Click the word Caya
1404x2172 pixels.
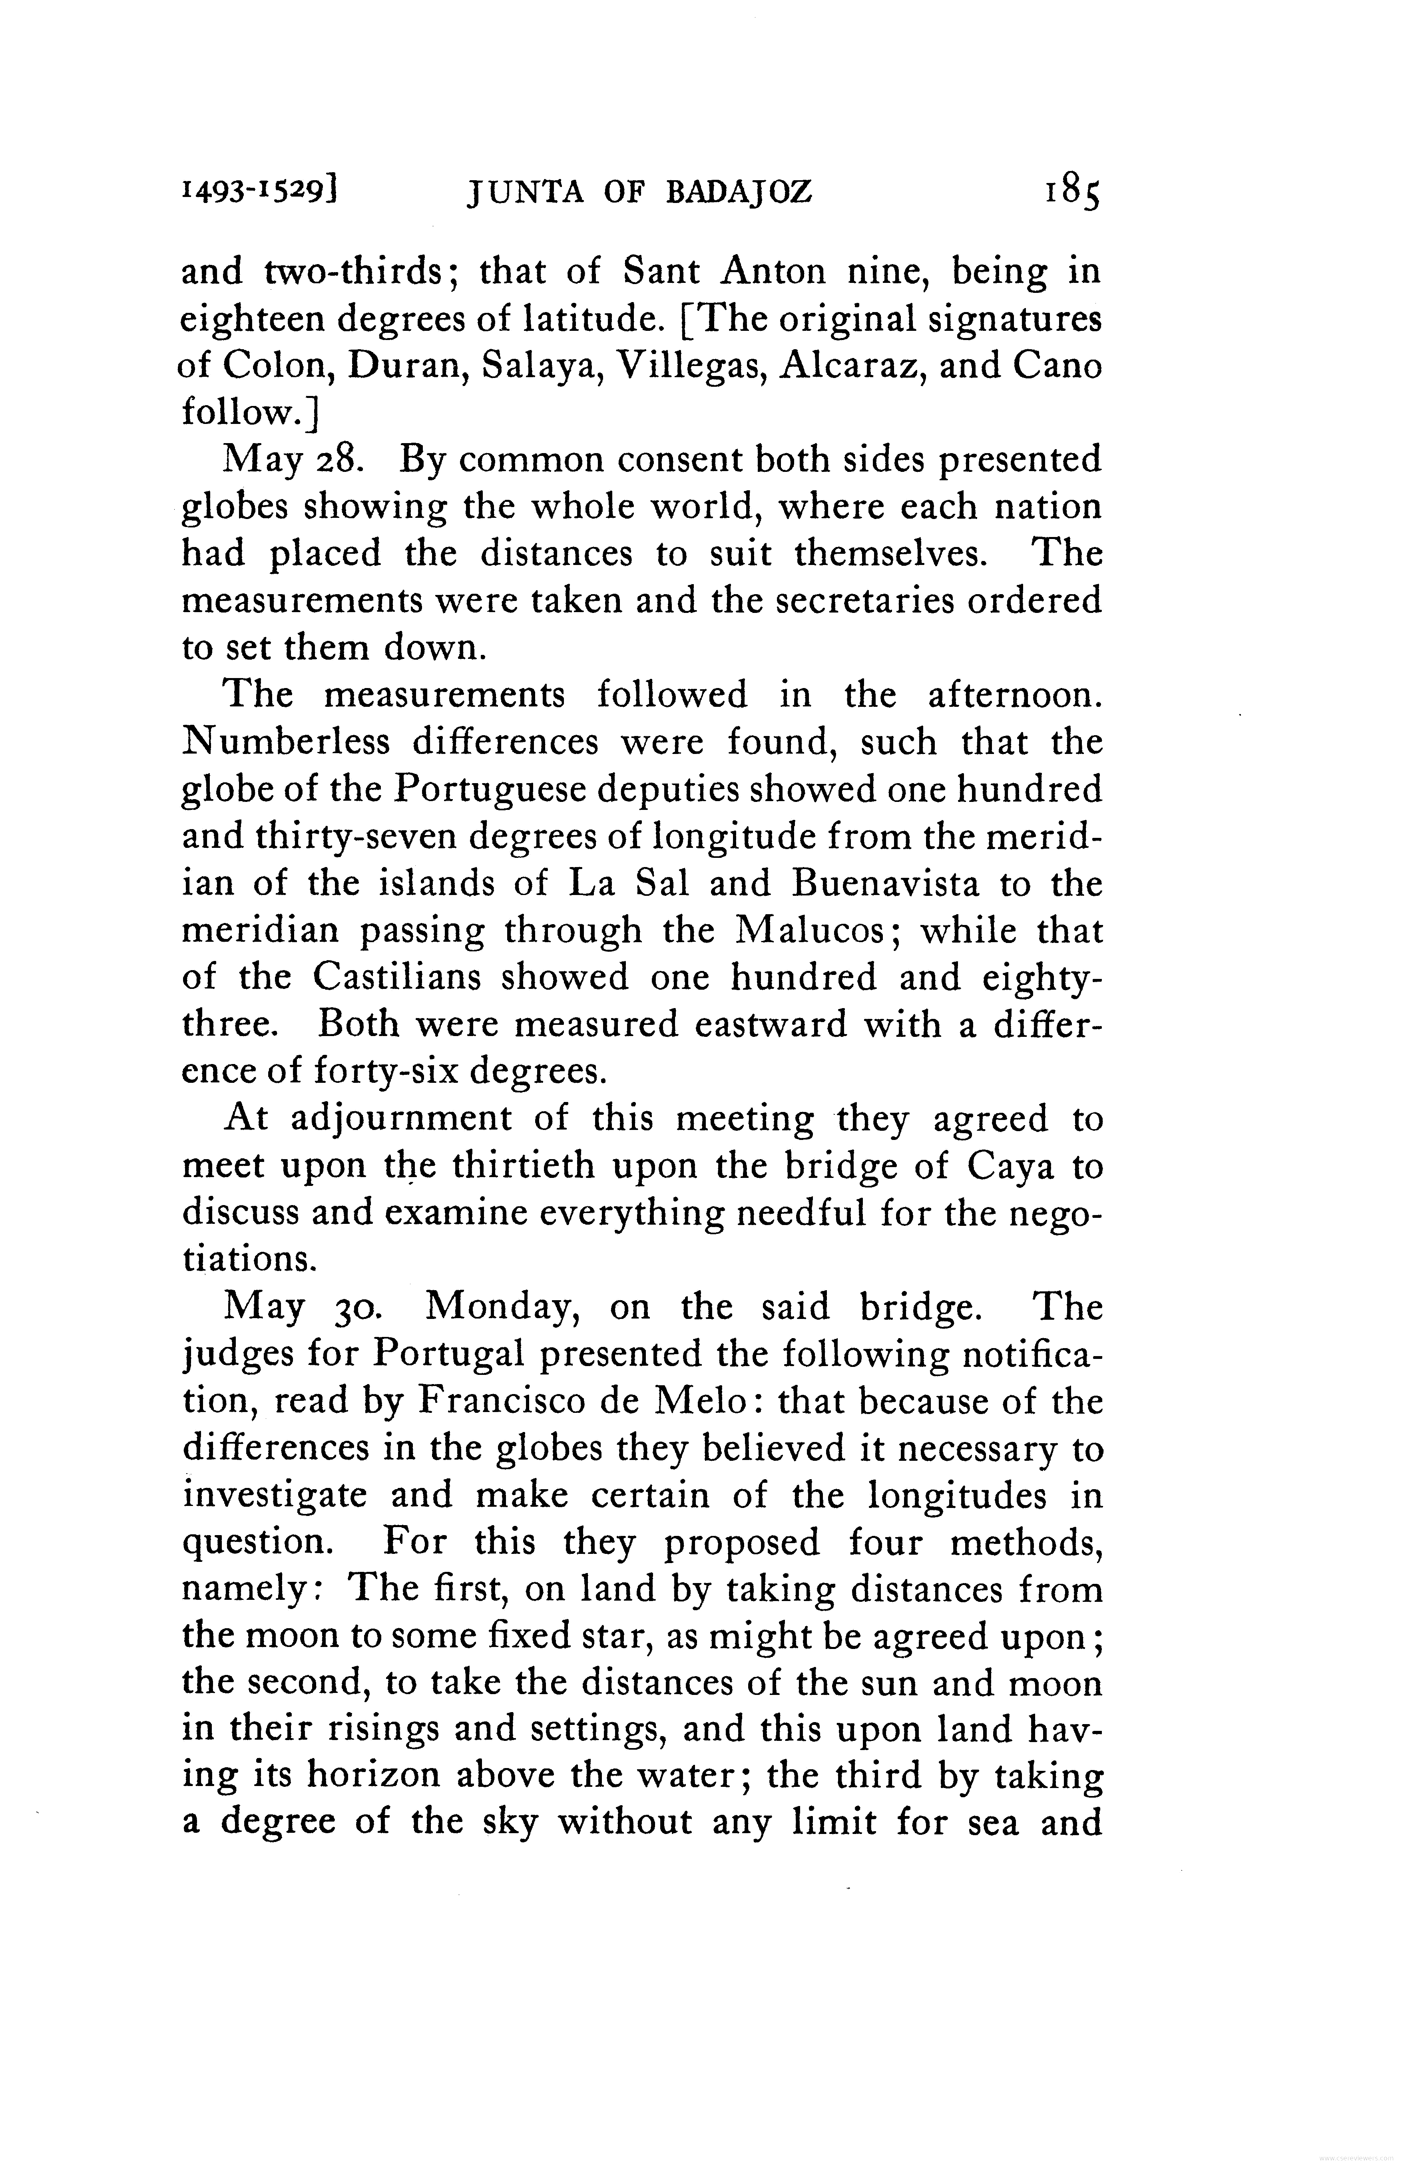click(x=1010, y=1167)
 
